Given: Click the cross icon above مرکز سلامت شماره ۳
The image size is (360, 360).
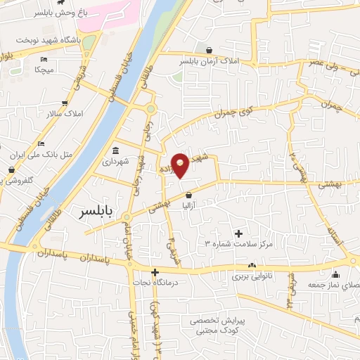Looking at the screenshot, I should [x=238, y=233].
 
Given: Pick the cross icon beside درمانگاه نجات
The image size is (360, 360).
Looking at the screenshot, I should [x=155, y=271].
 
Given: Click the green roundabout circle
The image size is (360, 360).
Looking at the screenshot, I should [x=150, y=109].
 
